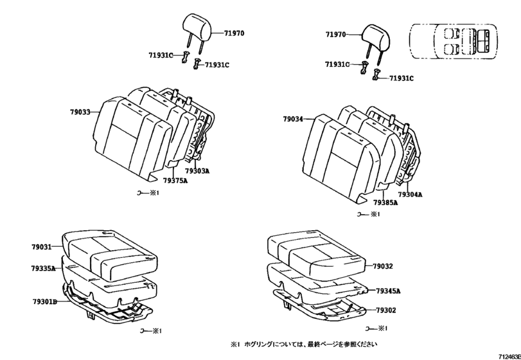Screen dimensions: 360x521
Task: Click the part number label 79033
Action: coord(80,112)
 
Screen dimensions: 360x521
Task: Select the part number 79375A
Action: coord(175,181)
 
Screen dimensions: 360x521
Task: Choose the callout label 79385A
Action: coord(385,202)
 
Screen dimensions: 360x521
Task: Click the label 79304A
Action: coord(409,194)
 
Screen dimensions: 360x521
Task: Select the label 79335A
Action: coord(43,268)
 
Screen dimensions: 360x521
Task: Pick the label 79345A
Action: coord(388,291)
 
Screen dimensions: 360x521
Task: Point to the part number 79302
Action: coord(385,310)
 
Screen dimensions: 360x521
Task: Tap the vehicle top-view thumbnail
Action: coord(455,42)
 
